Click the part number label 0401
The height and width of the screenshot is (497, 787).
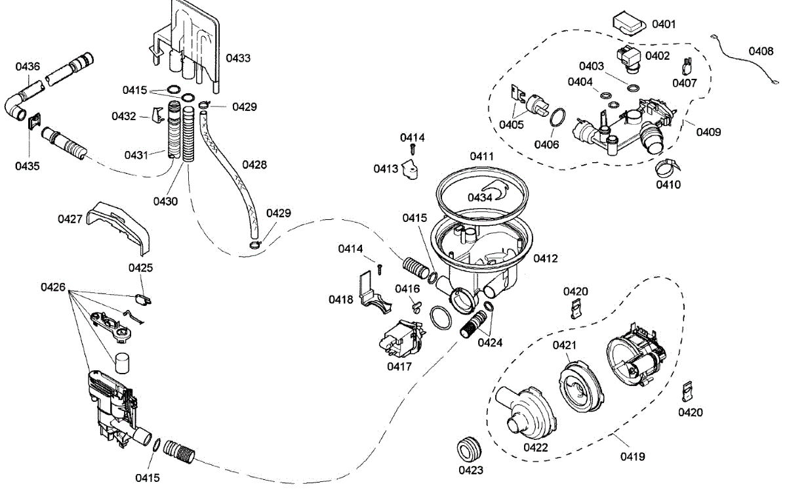[664, 24]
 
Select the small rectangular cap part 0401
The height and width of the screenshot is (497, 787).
[628, 22]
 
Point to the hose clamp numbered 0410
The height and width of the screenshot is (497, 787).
[666, 167]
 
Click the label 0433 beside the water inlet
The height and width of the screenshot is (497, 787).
[238, 58]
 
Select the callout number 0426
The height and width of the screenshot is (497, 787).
[53, 287]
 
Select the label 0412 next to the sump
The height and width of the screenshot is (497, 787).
[546, 259]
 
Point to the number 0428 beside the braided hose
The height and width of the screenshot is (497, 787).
[254, 165]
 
